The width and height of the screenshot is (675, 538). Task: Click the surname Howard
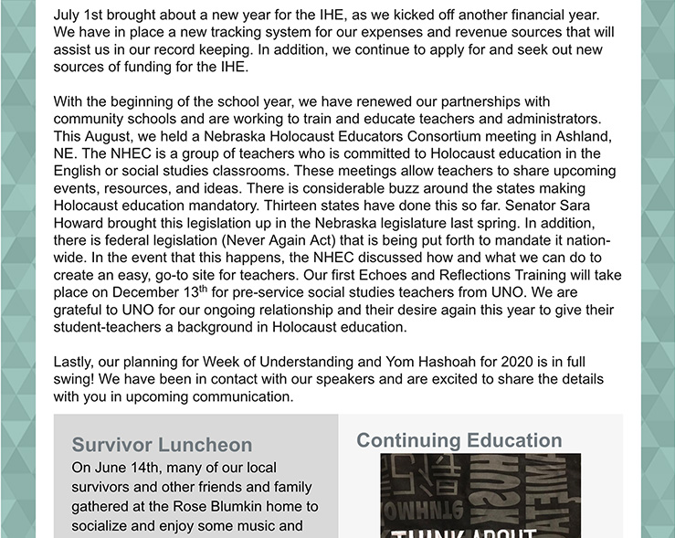(79, 223)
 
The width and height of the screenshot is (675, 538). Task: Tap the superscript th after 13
(204, 289)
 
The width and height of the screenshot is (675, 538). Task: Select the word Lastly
(77, 362)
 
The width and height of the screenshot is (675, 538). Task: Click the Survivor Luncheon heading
(162, 445)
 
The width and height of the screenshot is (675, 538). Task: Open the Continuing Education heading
(459, 440)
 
